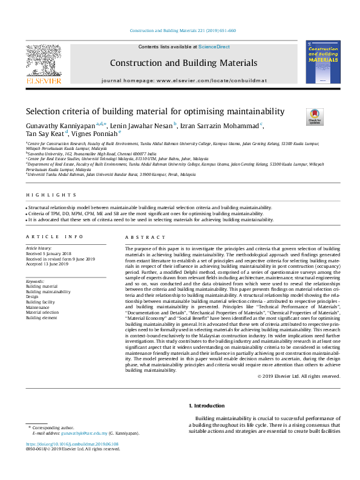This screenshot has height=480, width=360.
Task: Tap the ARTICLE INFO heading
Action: point(54,236)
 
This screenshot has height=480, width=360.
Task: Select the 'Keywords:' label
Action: point(35,281)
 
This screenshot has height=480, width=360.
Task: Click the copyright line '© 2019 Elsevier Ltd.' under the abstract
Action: point(299,376)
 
